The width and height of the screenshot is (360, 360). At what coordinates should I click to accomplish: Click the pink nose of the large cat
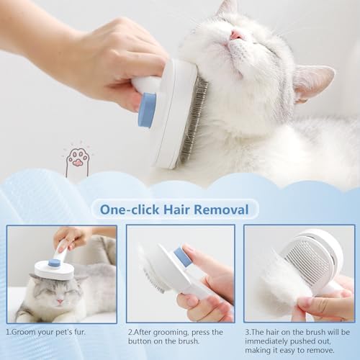236,35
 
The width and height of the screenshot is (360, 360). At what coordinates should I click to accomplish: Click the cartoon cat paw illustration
77,161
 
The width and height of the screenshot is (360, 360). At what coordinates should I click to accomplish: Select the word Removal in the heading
221,210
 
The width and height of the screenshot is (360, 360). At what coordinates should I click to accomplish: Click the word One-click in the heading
130,210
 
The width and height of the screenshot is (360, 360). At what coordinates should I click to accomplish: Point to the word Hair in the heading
176,210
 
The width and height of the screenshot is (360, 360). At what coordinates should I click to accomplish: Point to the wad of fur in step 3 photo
283,286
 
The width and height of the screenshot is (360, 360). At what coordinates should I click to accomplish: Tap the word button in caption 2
140,341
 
